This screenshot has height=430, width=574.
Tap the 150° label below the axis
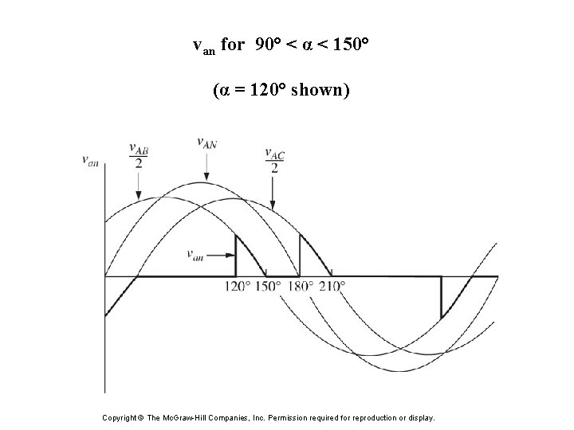268,286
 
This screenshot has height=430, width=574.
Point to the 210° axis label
332,286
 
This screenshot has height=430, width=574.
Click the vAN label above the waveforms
207,143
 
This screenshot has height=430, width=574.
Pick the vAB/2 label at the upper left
138,156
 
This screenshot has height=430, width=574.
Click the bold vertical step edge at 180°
300,255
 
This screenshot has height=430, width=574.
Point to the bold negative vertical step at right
441,298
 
